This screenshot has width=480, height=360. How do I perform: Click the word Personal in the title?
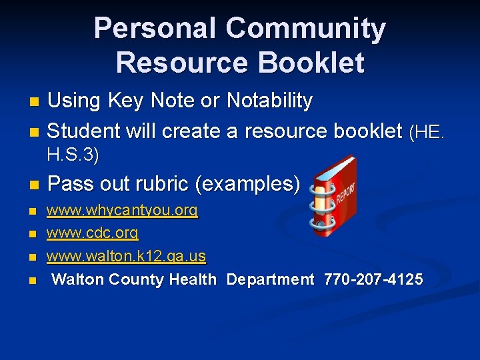click(x=155, y=29)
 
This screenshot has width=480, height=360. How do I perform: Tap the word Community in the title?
click(x=305, y=29)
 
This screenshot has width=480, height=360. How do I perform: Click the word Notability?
click(x=269, y=101)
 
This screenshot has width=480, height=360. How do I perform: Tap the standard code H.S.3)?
click(x=73, y=156)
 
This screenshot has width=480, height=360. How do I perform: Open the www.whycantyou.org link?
click(x=122, y=211)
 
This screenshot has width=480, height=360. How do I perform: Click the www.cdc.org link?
click(x=92, y=233)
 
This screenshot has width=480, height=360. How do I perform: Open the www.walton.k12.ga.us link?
click(x=126, y=256)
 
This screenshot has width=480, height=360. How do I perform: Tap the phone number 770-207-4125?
click(x=373, y=279)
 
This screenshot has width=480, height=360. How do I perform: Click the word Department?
click(x=270, y=279)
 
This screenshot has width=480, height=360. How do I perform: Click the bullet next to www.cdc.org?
click(x=33, y=235)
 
